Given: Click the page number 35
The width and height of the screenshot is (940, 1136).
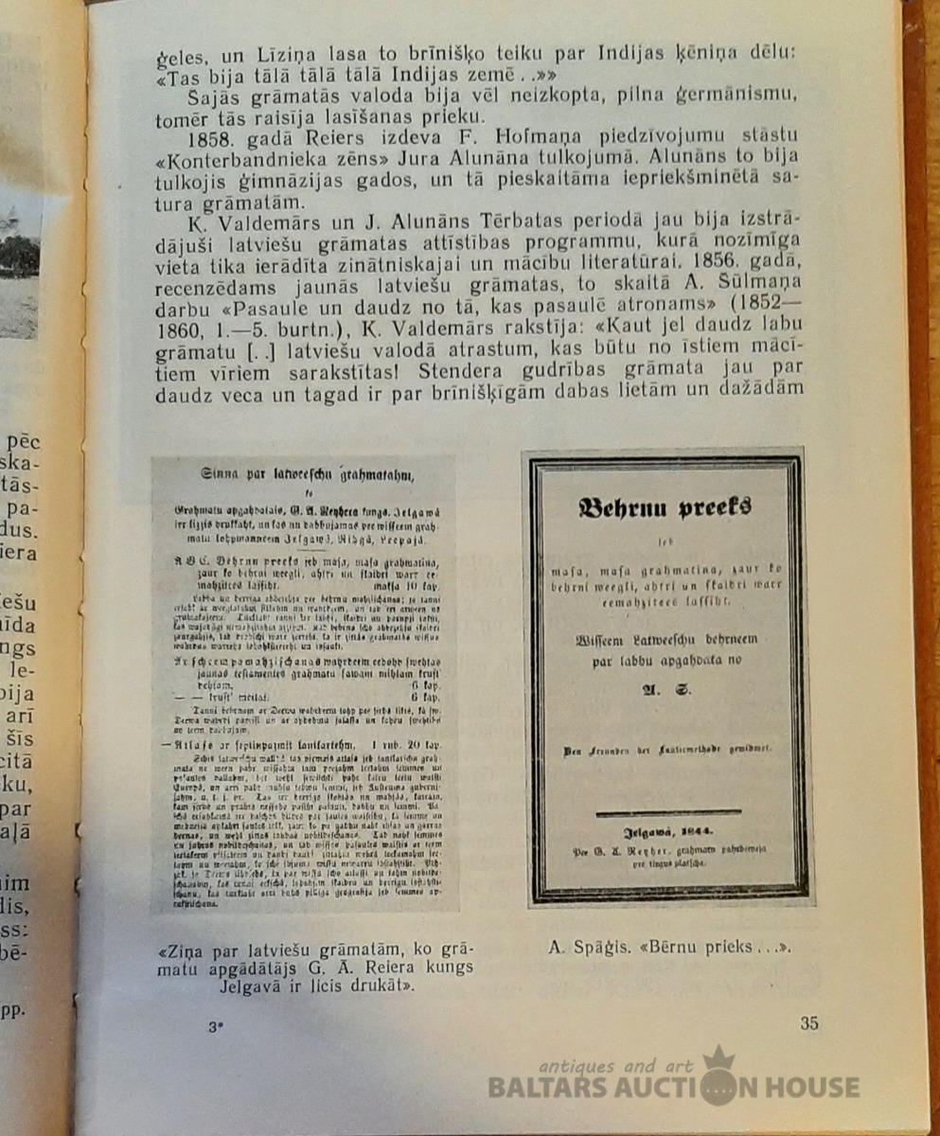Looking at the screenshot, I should (x=808, y=1022).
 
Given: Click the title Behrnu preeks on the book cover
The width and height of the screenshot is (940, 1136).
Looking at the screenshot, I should (x=665, y=507).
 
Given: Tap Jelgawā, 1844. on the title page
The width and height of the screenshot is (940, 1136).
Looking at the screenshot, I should (x=667, y=832).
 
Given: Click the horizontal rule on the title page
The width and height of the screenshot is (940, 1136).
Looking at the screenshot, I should (x=667, y=812).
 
